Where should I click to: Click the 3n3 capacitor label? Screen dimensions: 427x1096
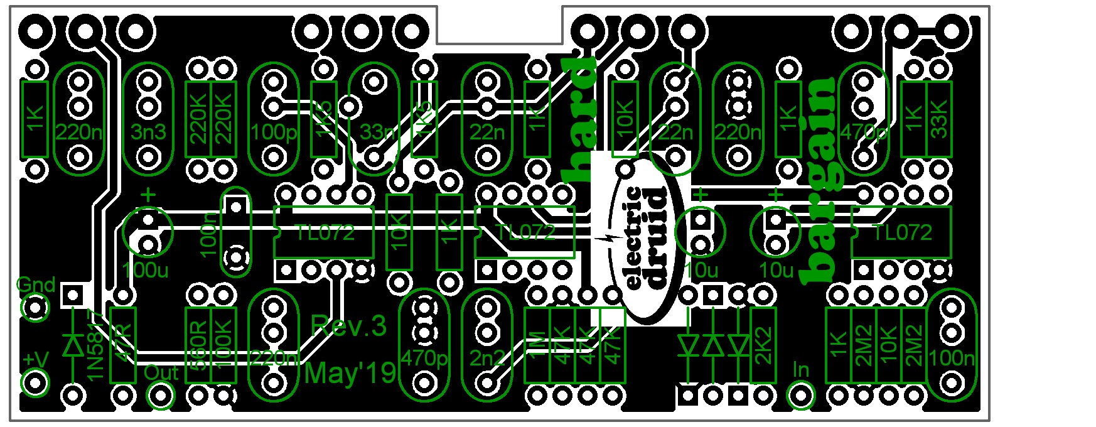(x=148, y=132)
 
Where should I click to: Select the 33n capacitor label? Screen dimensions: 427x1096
(x=378, y=132)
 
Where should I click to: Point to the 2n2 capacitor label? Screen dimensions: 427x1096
(x=486, y=358)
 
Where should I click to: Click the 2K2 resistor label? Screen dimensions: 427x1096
(x=763, y=345)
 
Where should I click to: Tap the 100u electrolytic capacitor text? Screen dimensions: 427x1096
(x=146, y=271)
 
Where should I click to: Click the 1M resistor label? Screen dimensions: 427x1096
(x=537, y=345)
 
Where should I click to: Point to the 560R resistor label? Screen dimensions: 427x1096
(x=198, y=345)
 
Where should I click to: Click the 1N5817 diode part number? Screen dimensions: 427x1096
(x=95, y=345)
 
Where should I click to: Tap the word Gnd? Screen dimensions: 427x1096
(x=36, y=285)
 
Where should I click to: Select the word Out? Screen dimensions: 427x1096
(x=161, y=372)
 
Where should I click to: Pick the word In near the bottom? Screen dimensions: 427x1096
(x=800, y=369)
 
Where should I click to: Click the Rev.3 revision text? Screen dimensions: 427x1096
(x=348, y=325)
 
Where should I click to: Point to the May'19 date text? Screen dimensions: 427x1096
(x=350, y=373)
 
